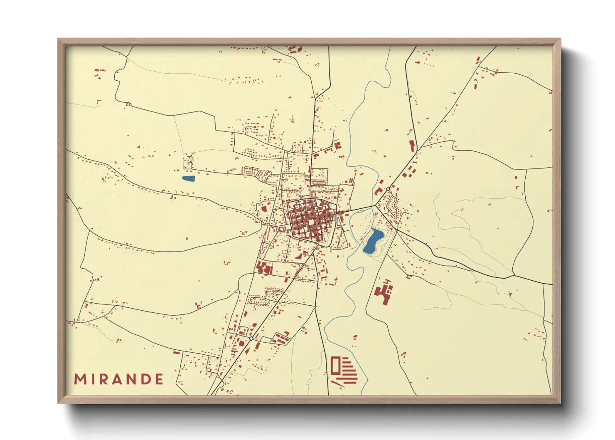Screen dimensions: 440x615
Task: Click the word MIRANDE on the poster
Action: click(x=119, y=379)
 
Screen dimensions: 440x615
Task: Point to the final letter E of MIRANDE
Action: click(x=158, y=379)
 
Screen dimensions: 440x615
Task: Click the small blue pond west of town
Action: click(x=188, y=179)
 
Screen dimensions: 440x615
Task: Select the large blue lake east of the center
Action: click(x=373, y=242)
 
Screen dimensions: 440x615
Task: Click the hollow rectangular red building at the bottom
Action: click(x=335, y=365)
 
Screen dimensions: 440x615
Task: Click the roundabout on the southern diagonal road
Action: click(x=251, y=339)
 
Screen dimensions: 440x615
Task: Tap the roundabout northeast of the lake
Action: click(x=388, y=189)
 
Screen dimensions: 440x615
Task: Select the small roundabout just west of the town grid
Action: click(x=268, y=225)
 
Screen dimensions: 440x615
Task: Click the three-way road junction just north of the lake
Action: click(x=375, y=205)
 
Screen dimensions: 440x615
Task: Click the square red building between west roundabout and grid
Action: click(x=263, y=208)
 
